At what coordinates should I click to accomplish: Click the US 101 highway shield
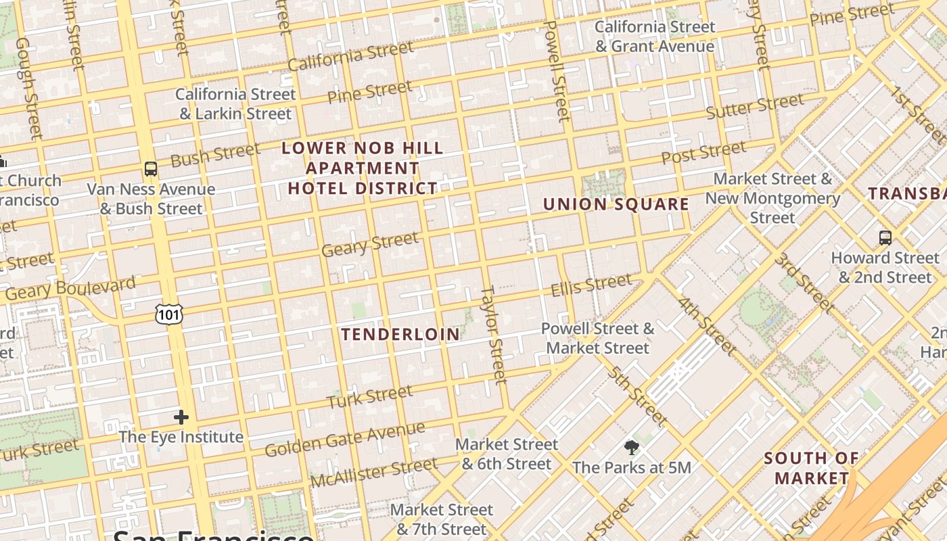(168, 314)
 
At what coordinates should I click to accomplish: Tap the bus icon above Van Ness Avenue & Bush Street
(150, 169)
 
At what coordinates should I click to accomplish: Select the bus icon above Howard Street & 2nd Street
(885, 238)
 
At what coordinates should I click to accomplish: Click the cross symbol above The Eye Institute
(181, 417)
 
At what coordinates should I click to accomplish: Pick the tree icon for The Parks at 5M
(632, 448)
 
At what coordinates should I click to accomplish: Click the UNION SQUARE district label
(616, 204)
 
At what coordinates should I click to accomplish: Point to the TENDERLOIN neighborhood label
(400, 334)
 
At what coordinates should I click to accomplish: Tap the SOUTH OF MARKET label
(812, 468)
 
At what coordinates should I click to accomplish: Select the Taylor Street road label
(494, 335)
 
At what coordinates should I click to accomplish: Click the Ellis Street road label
(591, 285)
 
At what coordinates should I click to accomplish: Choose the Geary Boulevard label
(70, 289)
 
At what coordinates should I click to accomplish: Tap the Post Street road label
(703, 152)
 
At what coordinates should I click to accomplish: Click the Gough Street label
(28, 88)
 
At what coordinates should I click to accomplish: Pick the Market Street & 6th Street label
(507, 454)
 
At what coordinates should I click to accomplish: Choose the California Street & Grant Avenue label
(655, 37)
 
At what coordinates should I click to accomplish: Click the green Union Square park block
(604, 183)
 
